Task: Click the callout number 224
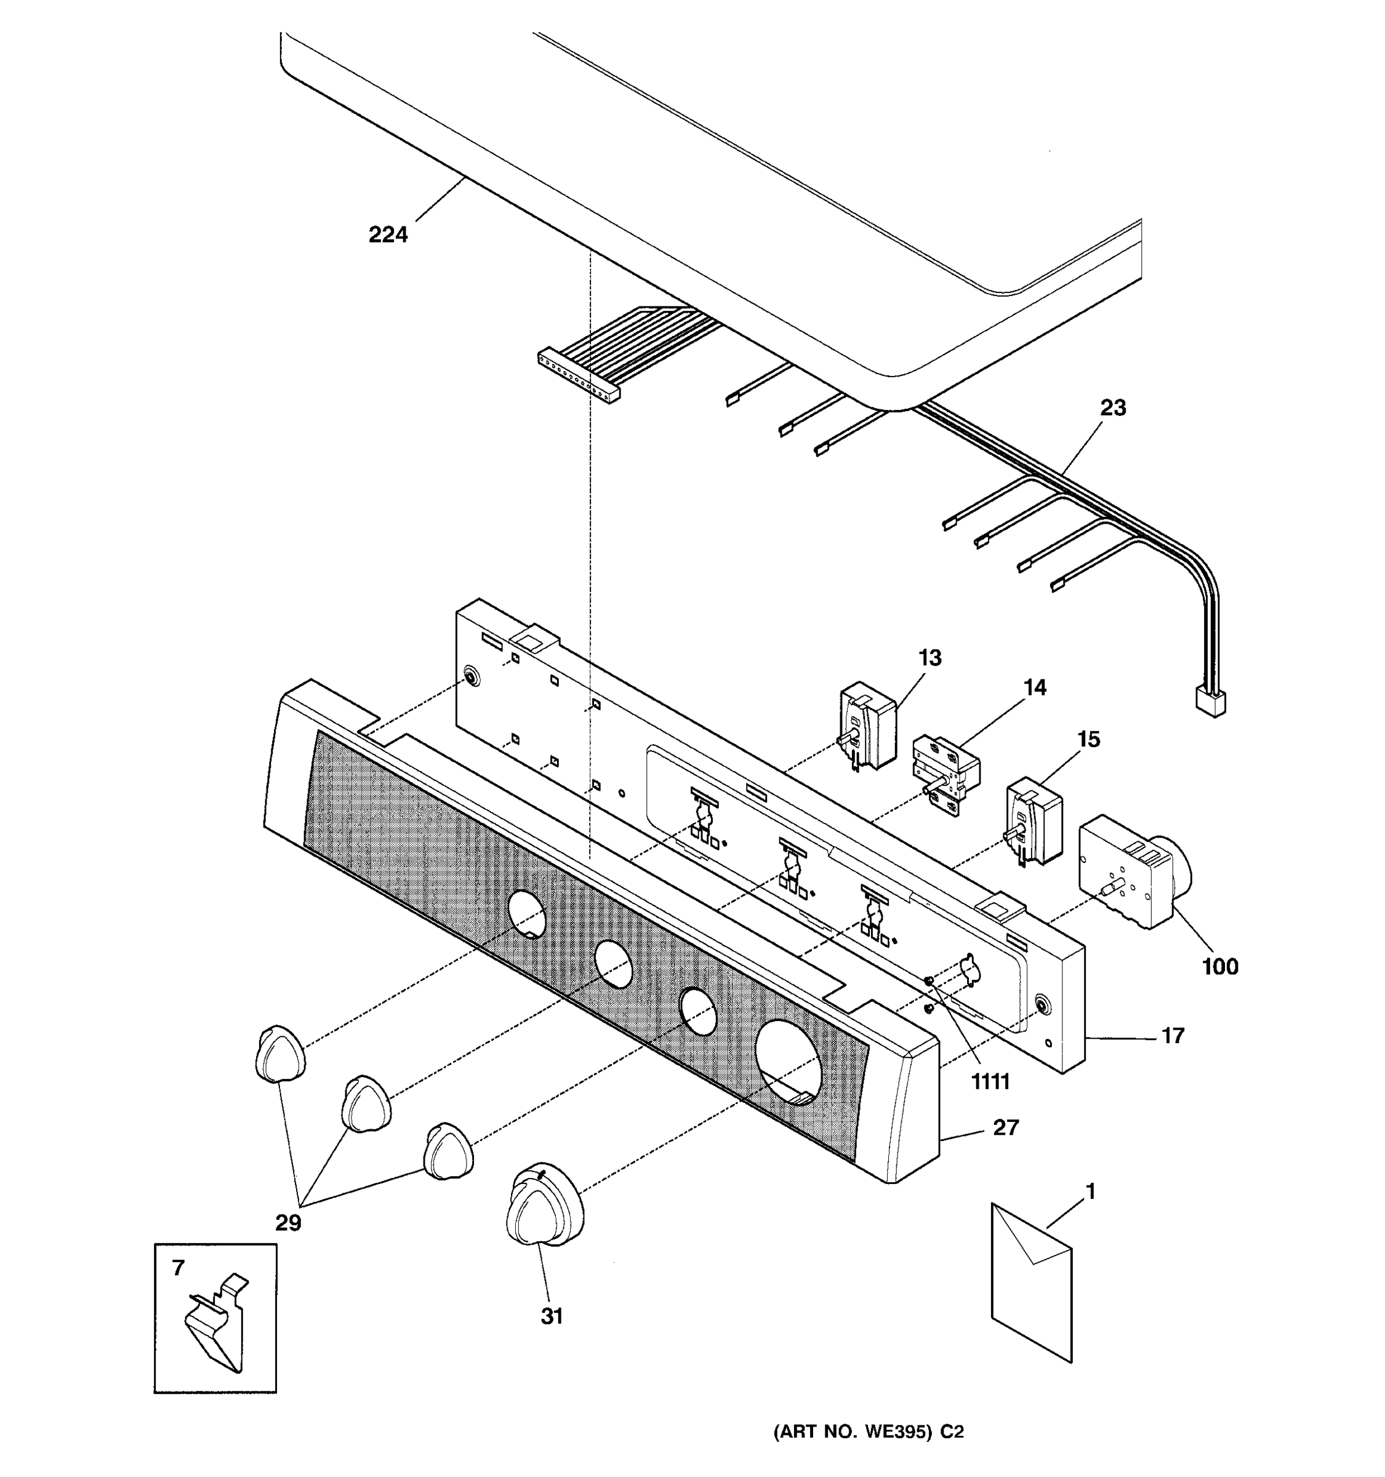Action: (x=388, y=234)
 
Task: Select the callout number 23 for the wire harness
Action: (x=1112, y=408)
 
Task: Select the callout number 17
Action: (x=1173, y=1036)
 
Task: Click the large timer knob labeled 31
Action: (x=544, y=1209)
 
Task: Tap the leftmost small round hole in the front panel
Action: (x=528, y=914)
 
